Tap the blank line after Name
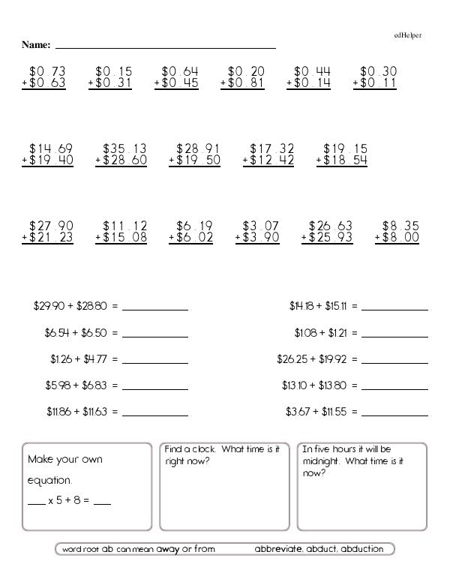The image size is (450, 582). [165, 47]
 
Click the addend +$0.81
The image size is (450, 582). [242, 83]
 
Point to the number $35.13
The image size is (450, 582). [124, 148]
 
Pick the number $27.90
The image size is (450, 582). [51, 225]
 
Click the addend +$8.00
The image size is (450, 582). [397, 237]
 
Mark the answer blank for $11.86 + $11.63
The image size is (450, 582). [155, 413]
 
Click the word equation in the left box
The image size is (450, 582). [49, 480]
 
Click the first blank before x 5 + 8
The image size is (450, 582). [36, 503]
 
